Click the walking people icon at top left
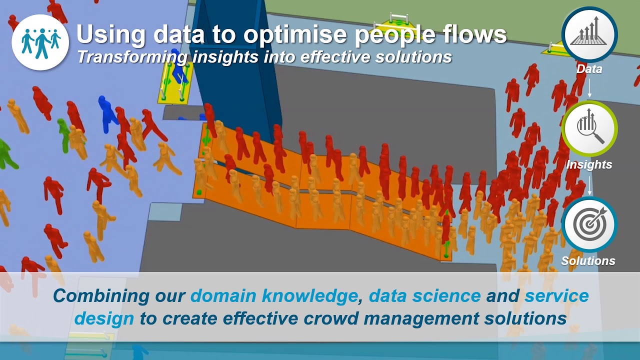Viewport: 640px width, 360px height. (40, 41)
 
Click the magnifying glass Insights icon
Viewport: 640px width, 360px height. (589, 129)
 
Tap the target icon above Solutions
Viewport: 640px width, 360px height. (589, 225)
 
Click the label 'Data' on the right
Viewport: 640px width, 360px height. (589, 69)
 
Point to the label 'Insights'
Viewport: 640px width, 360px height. (589, 164)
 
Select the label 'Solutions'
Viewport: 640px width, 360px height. (588, 260)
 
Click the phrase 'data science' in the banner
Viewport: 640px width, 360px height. (424, 295)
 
